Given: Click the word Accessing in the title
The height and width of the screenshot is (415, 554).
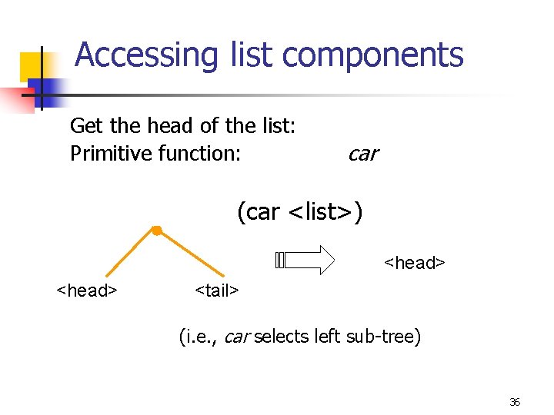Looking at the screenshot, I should [x=135, y=55].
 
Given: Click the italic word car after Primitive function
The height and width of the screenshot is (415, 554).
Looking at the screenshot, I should [x=362, y=154].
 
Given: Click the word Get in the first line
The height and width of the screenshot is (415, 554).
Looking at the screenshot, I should [x=86, y=125].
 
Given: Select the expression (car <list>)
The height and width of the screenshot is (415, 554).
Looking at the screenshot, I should [x=299, y=212].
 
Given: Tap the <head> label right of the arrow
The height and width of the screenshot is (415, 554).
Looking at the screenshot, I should [x=414, y=264].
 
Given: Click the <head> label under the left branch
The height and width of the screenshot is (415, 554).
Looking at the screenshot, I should [x=86, y=290].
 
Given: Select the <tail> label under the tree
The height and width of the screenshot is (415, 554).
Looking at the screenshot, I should [x=217, y=290].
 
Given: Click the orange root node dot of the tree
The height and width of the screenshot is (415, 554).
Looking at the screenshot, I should [x=155, y=230].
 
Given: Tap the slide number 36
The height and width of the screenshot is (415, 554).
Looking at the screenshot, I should [x=515, y=402].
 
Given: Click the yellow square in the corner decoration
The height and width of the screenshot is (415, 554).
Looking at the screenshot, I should [x=31, y=68].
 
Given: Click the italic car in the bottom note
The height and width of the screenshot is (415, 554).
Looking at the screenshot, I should [x=236, y=337].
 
